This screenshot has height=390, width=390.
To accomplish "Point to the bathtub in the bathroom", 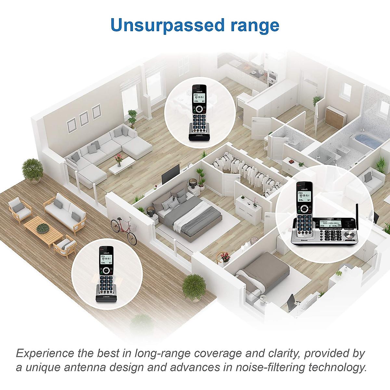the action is coord(369,141).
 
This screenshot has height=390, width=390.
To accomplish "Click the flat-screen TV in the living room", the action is coord(171,173).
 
